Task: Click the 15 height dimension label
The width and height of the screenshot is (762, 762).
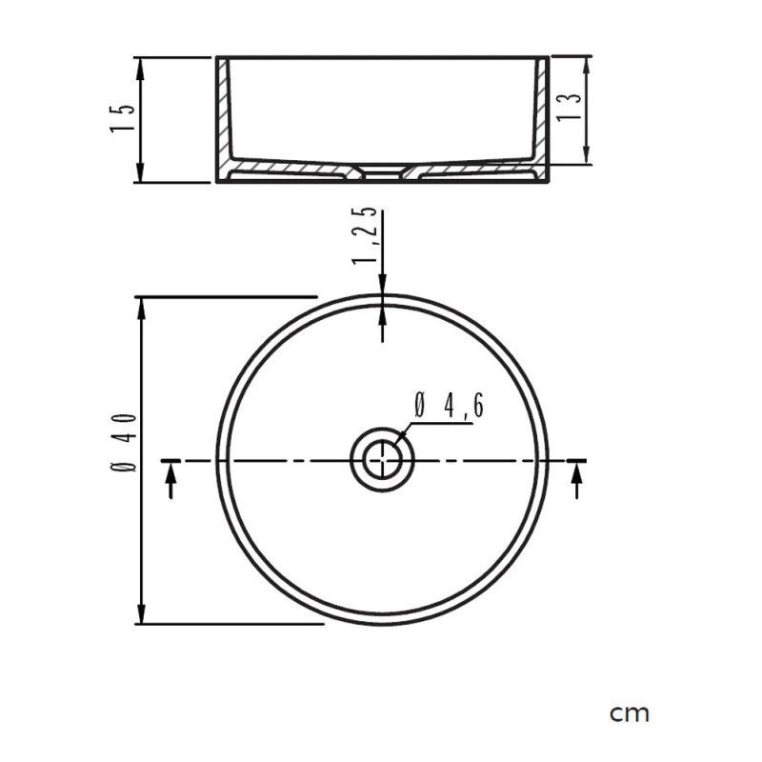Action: (x=122, y=118)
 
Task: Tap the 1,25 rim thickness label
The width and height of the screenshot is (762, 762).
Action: (x=365, y=236)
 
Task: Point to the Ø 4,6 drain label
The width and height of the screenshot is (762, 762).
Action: (x=449, y=407)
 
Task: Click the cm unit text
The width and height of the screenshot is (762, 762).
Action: (x=630, y=712)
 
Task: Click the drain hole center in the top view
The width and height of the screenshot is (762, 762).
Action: (x=383, y=461)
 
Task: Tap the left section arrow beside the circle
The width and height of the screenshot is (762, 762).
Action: (x=171, y=485)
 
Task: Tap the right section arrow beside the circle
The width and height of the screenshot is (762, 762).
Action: (x=575, y=485)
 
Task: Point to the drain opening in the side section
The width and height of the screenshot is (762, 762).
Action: (x=383, y=174)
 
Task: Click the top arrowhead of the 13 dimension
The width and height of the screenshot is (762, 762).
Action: (x=586, y=63)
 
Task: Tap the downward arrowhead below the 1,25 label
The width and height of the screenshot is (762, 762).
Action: (x=383, y=287)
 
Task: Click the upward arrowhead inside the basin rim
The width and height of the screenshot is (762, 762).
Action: (x=383, y=314)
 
